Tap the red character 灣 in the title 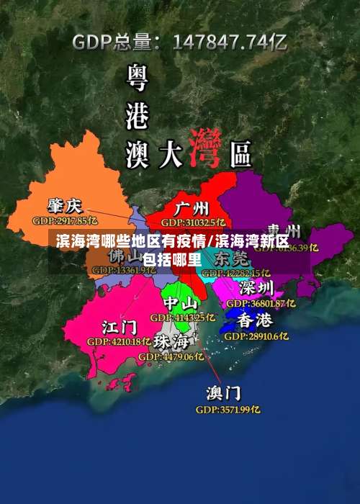tap(204, 148)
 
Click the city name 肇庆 tap(65, 205)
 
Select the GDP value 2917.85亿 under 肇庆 tap(65, 220)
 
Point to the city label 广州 tap(192, 208)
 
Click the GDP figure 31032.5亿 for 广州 tap(193, 222)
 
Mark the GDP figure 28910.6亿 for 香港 tap(256, 336)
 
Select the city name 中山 tap(180, 302)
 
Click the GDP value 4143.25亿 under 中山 tap(182, 317)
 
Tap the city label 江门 tap(119, 327)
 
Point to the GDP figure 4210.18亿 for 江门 tap(119, 341)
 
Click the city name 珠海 tap(171, 341)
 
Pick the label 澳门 tap(224, 393)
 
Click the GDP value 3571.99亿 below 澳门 tap(228, 409)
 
